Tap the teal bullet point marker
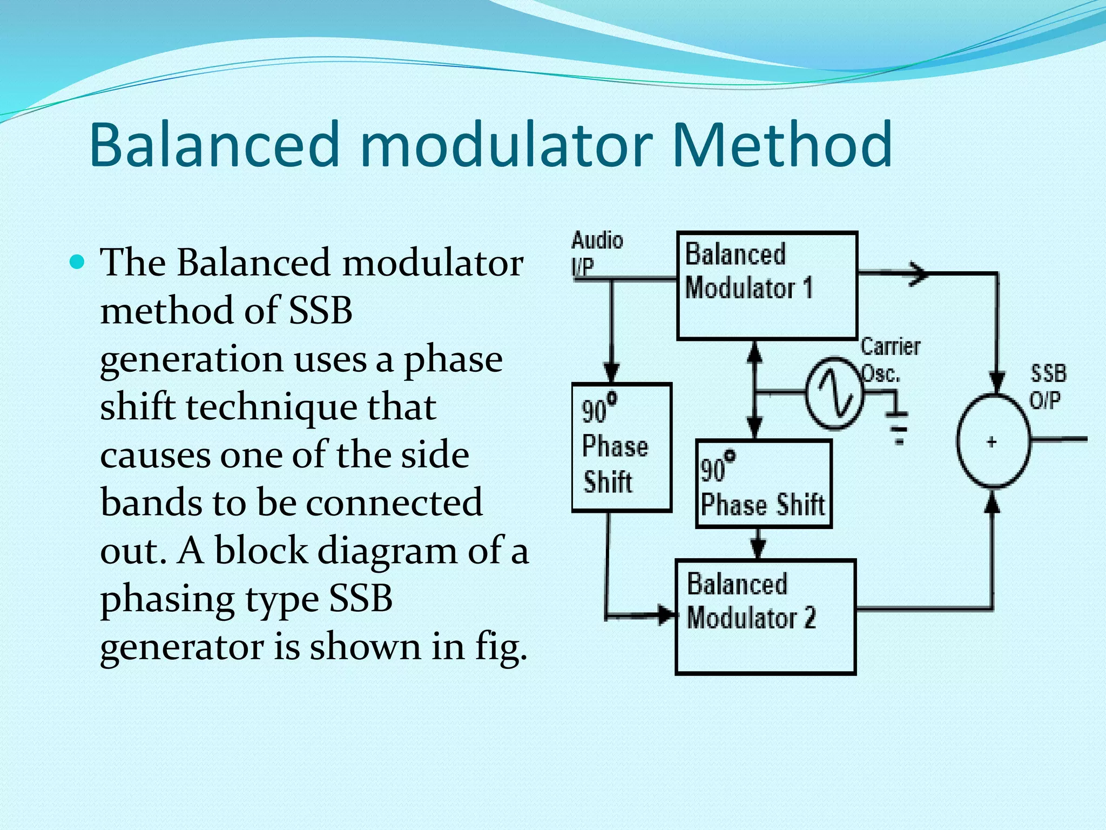pyautogui.click(x=78, y=263)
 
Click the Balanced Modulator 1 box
pyautogui.click(x=767, y=285)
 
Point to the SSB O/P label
pyautogui.click(x=1048, y=387)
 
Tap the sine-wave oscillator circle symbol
pyautogui.click(x=834, y=393)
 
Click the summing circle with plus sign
pyautogui.click(x=993, y=441)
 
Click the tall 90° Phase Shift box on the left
pyautogui.click(x=621, y=447)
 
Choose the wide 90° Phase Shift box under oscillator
pyautogui.click(x=764, y=484)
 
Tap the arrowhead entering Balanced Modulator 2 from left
pyautogui.click(x=666, y=614)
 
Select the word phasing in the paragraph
pyautogui.click(x=167, y=599)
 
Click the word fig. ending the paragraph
pyautogui.click(x=500, y=647)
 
